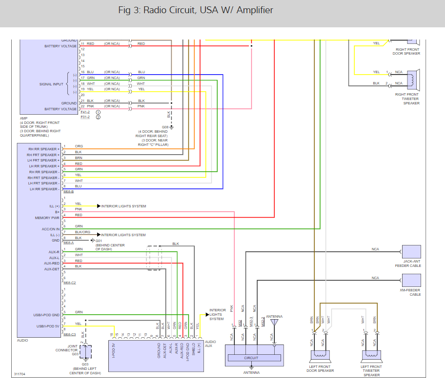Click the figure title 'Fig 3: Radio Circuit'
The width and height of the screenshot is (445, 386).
click(195, 10)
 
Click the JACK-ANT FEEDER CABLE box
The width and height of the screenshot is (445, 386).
click(411, 252)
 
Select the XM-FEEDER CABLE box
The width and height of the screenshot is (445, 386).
click(411, 280)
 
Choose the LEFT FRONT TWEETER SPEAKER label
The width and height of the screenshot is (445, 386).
click(371, 370)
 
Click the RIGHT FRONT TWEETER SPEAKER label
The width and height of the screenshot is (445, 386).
click(407, 99)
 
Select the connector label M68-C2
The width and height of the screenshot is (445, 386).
click(70, 283)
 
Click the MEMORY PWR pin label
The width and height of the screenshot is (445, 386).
click(47, 218)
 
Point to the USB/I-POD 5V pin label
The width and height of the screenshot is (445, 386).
click(47, 326)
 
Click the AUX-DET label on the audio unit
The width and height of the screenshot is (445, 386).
click(51, 269)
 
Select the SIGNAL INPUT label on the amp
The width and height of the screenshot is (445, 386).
click(52, 84)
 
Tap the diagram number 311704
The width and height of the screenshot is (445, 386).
click(20, 374)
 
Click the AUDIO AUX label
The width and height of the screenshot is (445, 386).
click(210, 344)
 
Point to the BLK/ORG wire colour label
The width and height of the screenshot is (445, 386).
click(82, 232)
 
